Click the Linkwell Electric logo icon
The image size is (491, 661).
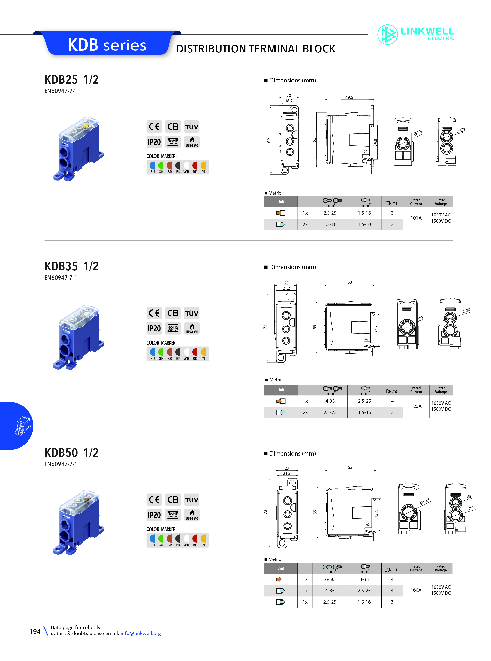click(x=387, y=34)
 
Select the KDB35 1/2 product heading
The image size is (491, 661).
click(x=71, y=266)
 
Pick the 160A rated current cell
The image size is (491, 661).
click(x=416, y=590)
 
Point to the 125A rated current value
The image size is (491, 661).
click(x=416, y=406)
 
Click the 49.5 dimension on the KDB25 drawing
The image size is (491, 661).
click(x=349, y=97)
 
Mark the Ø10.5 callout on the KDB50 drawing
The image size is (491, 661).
click(x=425, y=501)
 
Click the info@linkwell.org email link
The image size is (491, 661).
click(x=141, y=633)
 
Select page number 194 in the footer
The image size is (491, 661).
click(x=35, y=632)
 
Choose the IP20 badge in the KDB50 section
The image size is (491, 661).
click(x=154, y=515)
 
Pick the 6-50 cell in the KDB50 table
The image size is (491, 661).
click(x=330, y=579)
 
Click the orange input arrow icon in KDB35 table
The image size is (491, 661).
click(x=281, y=401)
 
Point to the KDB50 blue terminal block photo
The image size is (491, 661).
click(x=78, y=523)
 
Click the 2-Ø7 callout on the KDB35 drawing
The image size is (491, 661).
click(x=466, y=311)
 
